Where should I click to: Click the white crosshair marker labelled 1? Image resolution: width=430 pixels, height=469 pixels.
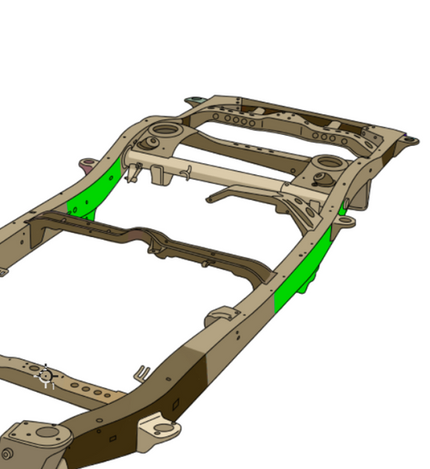(x=46, y=375)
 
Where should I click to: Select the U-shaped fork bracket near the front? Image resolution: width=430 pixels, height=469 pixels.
(x=143, y=375)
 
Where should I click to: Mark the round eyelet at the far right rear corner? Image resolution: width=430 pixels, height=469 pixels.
(x=414, y=139)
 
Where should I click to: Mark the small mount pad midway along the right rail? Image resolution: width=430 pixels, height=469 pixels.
(x=220, y=314)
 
